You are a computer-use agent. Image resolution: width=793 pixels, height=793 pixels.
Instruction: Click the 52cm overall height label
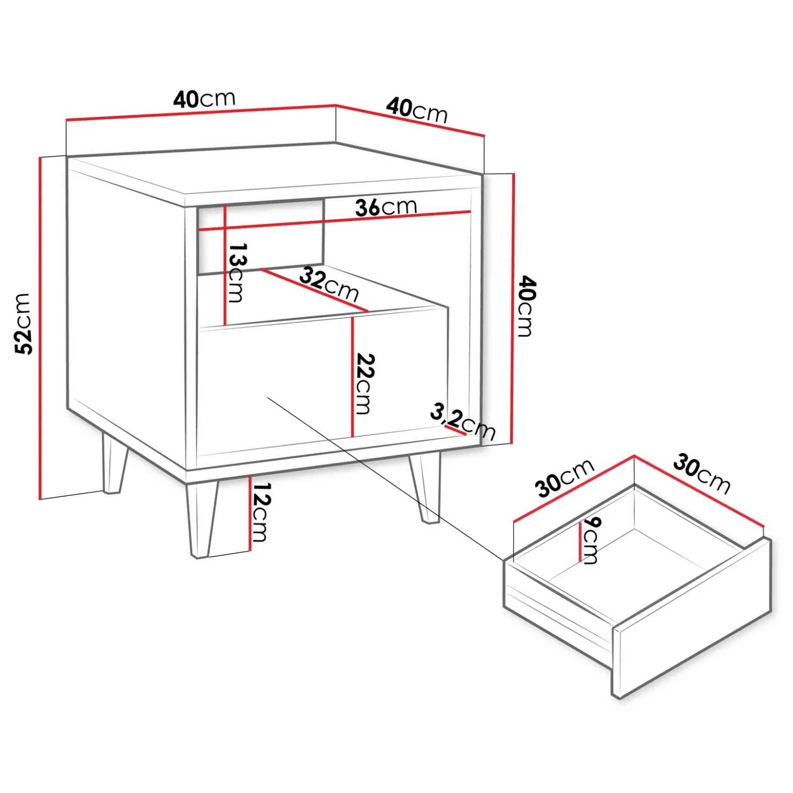(x=24, y=324)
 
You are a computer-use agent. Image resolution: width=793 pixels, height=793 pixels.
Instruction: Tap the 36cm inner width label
(x=386, y=207)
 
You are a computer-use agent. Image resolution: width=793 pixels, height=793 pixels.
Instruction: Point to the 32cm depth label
(x=329, y=284)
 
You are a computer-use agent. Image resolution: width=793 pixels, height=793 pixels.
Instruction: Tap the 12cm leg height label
(x=261, y=512)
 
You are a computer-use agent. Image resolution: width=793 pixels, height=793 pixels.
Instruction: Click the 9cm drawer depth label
(x=592, y=540)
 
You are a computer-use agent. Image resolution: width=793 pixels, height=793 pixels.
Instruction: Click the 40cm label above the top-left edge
(x=204, y=99)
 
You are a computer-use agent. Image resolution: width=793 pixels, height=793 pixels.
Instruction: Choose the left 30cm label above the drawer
(x=565, y=477)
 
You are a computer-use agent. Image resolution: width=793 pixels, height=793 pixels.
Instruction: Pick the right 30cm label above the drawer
(x=702, y=474)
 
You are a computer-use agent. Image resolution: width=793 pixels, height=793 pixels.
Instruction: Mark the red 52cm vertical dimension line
(x=40, y=328)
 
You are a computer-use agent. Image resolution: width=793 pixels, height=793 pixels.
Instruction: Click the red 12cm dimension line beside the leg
(x=250, y=513)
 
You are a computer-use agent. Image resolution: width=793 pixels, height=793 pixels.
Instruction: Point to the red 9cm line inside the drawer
(x=580, y=542)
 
